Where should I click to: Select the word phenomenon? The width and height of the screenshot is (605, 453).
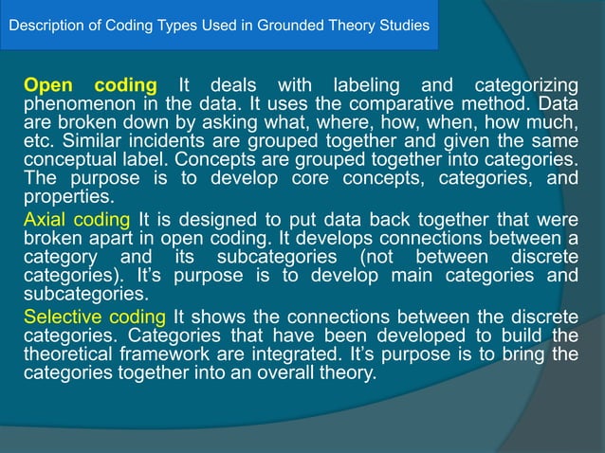point(77,102)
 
